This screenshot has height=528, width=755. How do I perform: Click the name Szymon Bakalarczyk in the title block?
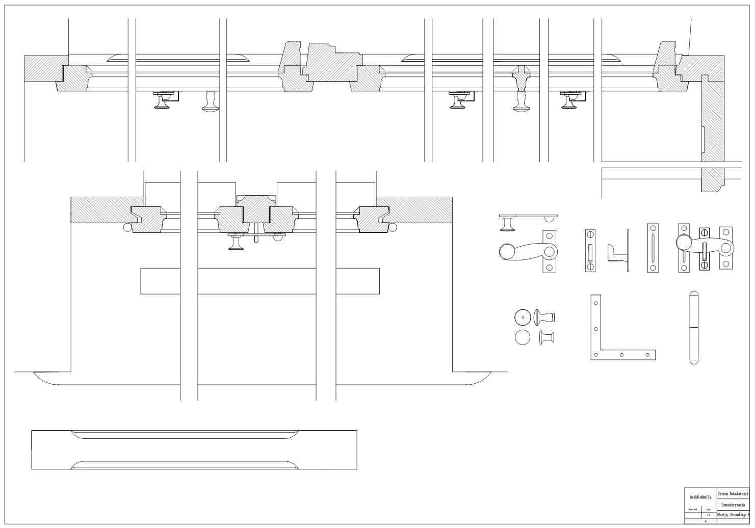[733, 494]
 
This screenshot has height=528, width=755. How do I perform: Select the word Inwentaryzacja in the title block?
[733, 505]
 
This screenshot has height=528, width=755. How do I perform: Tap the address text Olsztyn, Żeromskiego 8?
[733, 514]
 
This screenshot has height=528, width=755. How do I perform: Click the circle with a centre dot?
[523, 318]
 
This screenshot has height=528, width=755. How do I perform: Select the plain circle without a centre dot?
[523, 337]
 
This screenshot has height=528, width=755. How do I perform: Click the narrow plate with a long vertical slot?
[653, 248]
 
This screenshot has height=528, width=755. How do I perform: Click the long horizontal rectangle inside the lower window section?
[259, 281]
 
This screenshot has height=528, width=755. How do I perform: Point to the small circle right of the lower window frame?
[393, 227]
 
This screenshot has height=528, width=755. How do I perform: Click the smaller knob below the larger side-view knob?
[546, 337]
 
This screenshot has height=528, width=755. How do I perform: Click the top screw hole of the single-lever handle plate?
[549, 236]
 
